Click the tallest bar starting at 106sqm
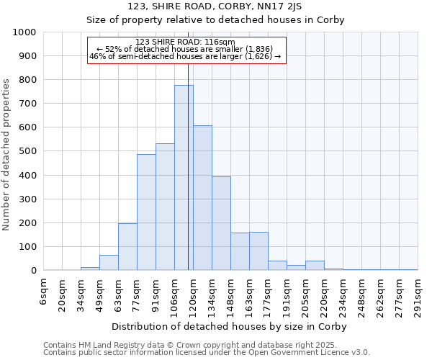tap(184, 178)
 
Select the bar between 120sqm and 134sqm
tap(202, 198)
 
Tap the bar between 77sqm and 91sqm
tap(146, 212)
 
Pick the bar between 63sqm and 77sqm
tap(127, 247)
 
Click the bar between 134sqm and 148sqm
tap(221, 223)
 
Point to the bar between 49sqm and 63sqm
tap(109, 263)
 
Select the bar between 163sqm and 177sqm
tap(258, 251)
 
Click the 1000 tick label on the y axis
tap(24, 32)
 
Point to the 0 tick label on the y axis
tap(33, 271)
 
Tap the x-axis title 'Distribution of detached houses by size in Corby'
tap(230, 326)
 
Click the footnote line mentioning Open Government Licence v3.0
tap(207, 353)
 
